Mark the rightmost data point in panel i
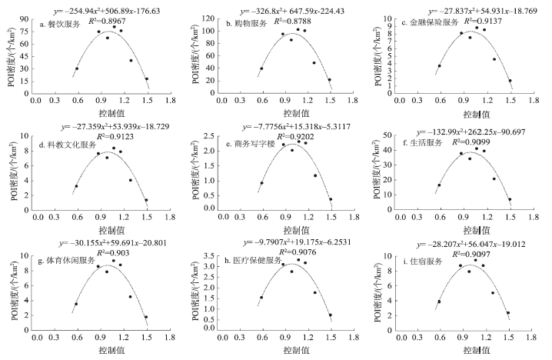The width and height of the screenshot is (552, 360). coord(508,313)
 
